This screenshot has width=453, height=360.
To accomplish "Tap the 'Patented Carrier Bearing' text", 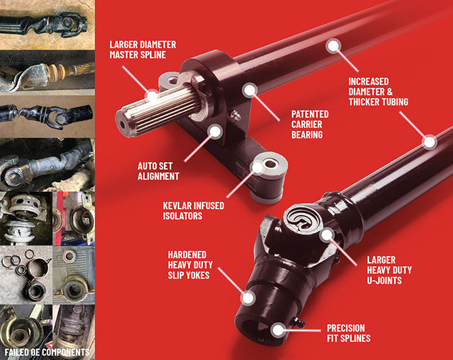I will point(310,124).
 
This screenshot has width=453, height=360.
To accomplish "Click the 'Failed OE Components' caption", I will point(46,351).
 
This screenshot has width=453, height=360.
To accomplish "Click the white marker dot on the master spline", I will point(152,97).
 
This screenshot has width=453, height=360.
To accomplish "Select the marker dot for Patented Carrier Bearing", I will point(250,89).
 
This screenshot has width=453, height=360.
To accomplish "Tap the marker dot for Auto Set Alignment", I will point(215,131).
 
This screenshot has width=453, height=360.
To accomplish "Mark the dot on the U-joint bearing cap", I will point(326,235).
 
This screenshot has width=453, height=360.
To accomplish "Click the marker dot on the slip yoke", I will point(247,298).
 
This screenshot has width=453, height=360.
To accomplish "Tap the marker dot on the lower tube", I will point(429,141).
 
